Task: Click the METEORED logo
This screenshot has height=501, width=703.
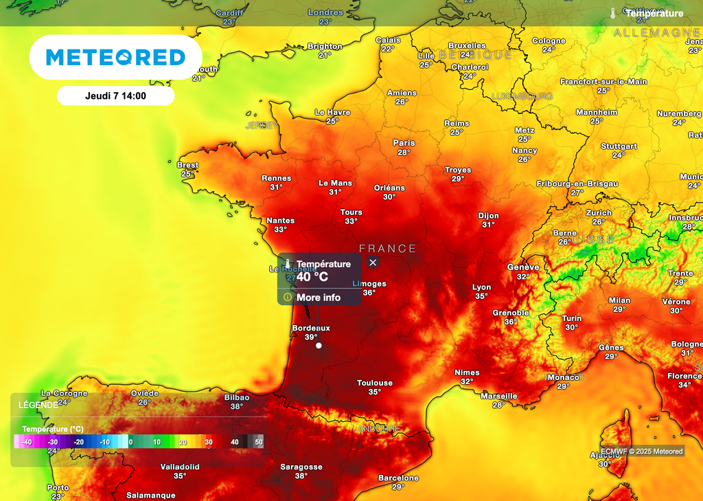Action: pos(115,57)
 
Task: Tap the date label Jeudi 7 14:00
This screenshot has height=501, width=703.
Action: pos(115,96)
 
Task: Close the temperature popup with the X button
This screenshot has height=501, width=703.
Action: pos(373,263)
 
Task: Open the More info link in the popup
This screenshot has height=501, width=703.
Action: pos(318,298)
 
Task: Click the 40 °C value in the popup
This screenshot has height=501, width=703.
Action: pos(312,277)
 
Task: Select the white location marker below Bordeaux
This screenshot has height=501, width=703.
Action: pos(319,346)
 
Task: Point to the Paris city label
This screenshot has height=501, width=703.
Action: pos(404,143)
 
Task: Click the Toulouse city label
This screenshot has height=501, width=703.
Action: pos(375,383)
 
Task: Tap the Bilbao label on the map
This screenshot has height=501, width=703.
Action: pos(237,397)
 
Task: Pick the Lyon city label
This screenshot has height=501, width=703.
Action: pos(482,287)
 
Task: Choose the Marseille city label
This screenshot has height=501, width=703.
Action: pos(499,396)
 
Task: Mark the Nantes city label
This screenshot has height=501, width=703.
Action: pos(280,221)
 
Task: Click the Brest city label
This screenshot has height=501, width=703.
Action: pos(187,165)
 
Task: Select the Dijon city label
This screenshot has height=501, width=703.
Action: pos(489,216)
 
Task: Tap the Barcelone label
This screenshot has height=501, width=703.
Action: pos(398,478)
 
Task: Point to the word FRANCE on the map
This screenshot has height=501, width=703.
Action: pos(387,249)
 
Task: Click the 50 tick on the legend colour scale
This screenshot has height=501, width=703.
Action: pos(258,442)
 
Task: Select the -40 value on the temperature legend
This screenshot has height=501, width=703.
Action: pos(27,442)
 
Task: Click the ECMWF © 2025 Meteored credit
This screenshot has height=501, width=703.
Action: pos(642,452)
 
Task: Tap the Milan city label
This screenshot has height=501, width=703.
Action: pos(619,300)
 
